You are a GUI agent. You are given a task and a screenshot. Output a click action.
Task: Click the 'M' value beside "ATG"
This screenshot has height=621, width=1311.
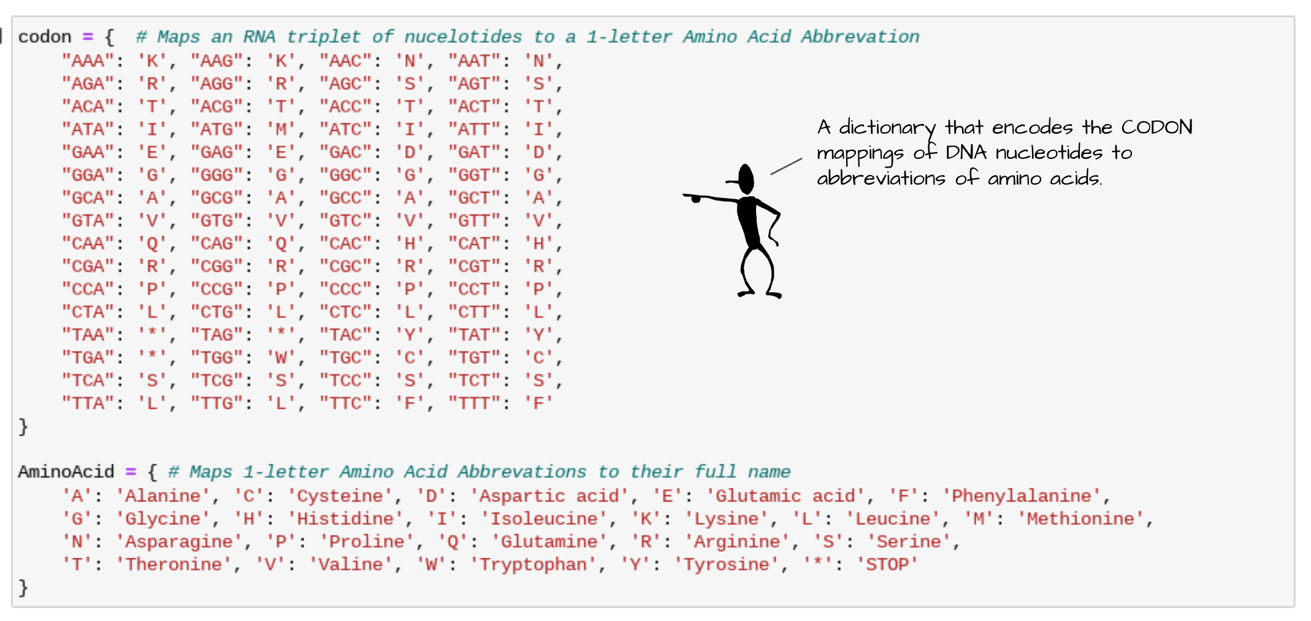(x=281, y=129)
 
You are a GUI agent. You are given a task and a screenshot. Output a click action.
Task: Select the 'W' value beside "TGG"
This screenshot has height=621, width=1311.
(x=281, y=358)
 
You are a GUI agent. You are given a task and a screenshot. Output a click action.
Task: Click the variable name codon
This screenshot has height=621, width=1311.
(x=45, y=37)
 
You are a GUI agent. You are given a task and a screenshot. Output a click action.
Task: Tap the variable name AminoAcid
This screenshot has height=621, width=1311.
(x=66, y=472)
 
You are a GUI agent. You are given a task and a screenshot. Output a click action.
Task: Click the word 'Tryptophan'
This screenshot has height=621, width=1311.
(x=532, y=565)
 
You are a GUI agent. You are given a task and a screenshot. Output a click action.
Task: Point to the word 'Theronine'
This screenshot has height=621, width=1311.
(x=174, y=565)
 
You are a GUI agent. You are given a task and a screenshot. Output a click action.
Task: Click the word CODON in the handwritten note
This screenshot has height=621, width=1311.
(x=1156, y=127)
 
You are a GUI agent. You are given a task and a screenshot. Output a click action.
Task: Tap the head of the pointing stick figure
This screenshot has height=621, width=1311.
(x=746, y=178)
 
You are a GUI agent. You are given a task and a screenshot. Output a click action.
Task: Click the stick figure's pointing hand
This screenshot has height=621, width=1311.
(x=695, y=198)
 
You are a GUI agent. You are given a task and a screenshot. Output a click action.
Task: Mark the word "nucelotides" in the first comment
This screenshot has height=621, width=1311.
(x=463, y=37)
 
